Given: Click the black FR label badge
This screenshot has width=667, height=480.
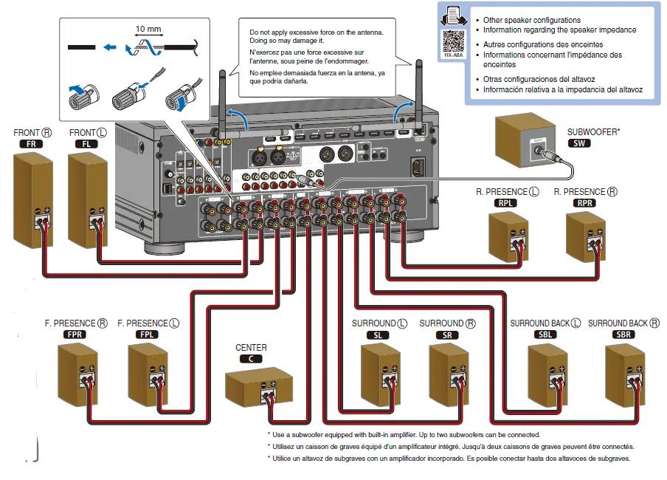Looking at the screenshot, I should pyautogui.click(x=31, y=144).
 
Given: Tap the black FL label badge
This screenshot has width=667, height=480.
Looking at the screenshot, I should pyautogui.click(x=86, y=144).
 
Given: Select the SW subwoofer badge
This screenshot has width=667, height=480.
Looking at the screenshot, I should pyautogui.click(x=579, y=143).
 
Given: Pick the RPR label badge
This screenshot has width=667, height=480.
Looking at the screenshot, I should pyautogui.click(x=586, y=203).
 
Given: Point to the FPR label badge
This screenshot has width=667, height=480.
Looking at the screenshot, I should pyautogui.click(x=75, y=334).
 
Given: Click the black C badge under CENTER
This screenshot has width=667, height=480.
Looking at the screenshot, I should pyautogui.click(x=251, y=358).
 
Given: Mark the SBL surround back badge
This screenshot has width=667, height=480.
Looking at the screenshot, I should pyautogui.click(x=545, y=335).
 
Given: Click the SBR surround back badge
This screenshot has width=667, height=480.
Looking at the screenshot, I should pyautogui.click(x=618, y=335).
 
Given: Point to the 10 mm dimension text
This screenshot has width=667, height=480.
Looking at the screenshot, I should pyautogui.click(x=148, y=30).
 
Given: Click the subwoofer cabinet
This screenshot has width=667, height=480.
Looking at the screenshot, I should pyautogui.click(x=525, y=143).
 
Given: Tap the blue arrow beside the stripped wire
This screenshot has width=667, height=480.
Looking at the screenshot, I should pyautogui.click(x=109, y=47).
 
